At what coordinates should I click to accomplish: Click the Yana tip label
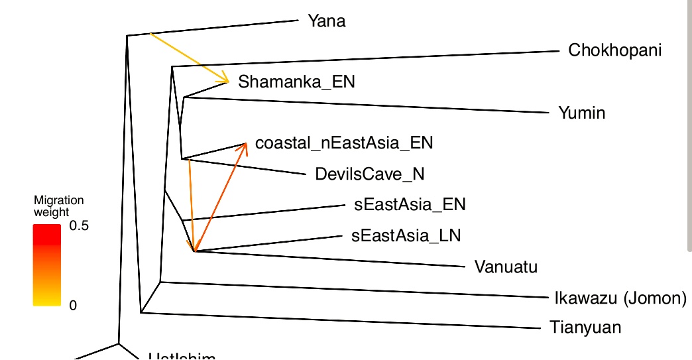click(326, 21)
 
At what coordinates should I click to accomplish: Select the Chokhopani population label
click(614, 50)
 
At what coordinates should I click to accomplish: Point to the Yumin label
click(581, 113)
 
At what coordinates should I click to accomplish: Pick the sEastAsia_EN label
click(410, 205)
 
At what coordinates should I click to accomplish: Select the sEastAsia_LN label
click(406, 235)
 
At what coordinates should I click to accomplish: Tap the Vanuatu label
click(506, 267)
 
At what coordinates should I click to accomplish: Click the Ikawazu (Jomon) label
click(620, 298)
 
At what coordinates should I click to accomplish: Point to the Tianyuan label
click(585, 327)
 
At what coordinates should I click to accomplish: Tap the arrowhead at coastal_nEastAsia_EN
click(245, 145)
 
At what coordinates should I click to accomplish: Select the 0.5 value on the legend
click(79, 226)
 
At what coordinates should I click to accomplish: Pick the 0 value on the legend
click(74, 306)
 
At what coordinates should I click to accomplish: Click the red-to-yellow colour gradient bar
click(47, 265)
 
